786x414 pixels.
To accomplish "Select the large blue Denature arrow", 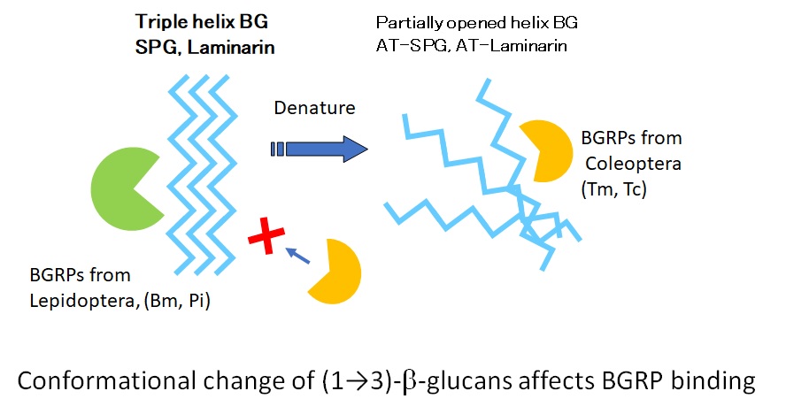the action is [x=319, y=148].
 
